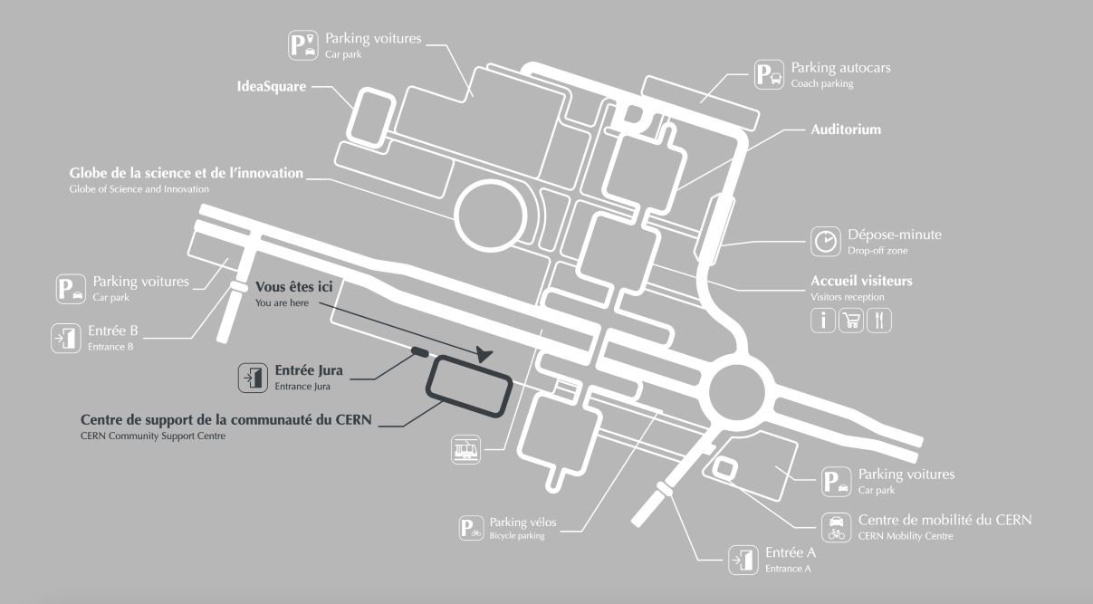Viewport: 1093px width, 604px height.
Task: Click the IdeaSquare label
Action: tap(272, 86)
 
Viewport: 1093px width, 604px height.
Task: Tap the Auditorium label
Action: tap(846, 129)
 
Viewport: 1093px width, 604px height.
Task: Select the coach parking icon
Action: tap(769, 74)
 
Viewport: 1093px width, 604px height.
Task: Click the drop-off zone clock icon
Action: tap(826, 241)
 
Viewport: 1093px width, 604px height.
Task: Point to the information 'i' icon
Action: tap(822, 321)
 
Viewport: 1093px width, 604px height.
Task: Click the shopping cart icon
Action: tap(851, 321)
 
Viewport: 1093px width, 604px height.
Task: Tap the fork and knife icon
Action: tap(878, 321)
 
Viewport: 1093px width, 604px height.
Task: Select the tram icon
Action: tap(465, 449)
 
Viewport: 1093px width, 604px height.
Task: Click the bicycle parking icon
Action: tap(472, 528)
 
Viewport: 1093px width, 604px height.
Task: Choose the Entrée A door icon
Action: tap(743, 561)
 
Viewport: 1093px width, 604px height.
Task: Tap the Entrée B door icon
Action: tap(66, 338)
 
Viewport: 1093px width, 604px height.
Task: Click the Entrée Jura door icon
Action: tap(253, 378)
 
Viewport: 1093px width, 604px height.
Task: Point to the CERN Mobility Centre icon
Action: tap(836, 527)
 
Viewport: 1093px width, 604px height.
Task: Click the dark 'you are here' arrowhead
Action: tap(484, 354)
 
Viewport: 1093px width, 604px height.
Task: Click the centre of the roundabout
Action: tap(736, 391)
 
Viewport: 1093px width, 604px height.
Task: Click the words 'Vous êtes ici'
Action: tap(293, 286)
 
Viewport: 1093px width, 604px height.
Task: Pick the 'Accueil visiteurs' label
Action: tap(861, 281)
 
